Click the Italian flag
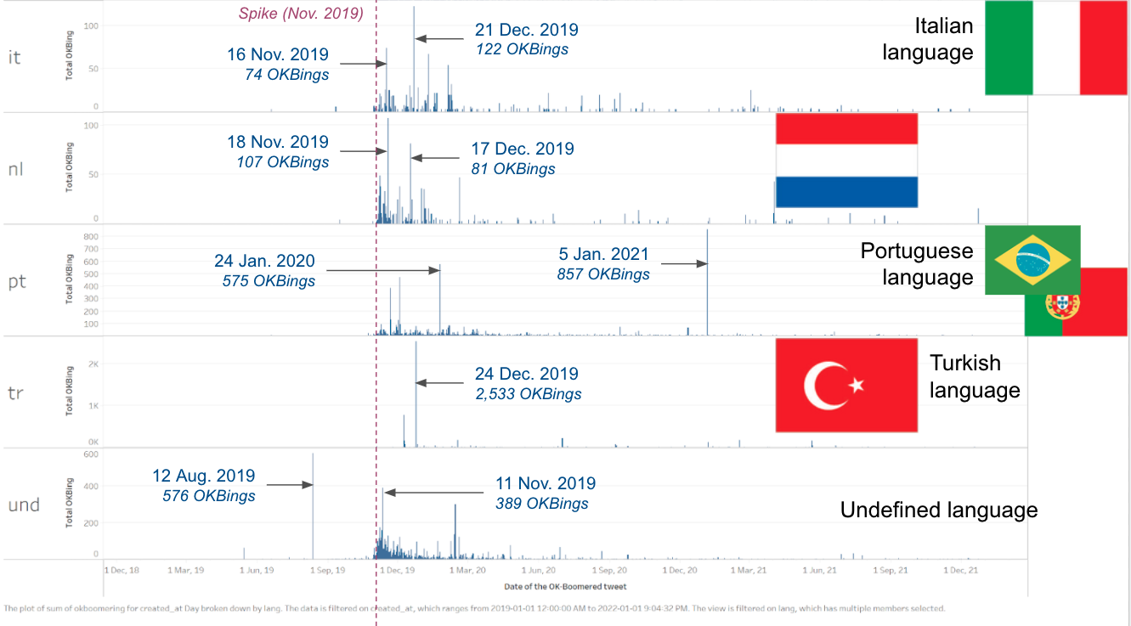tap(1055, 48)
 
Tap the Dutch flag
tap(846, 160)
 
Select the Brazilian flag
tap(1032, 260)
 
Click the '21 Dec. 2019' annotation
tap(527, 30)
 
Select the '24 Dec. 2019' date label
tap(527, 374)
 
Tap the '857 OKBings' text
tap(603, 274)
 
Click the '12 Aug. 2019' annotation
tap(204, 477)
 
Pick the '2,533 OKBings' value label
tap(529, 394)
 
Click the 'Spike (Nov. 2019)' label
tap(301, 14)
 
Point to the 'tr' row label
tap(15, 394)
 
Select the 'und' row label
tap(24, 505)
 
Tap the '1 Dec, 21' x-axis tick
tap(958, 570)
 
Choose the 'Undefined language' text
tap(939, 510)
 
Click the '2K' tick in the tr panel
tap(93, 364)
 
